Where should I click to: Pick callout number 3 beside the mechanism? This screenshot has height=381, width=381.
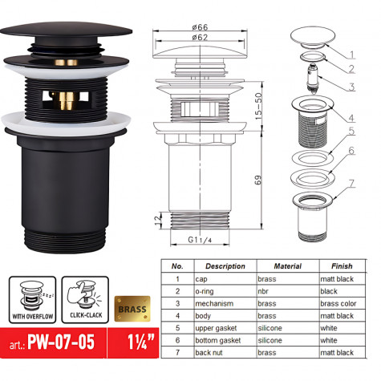point(351,87)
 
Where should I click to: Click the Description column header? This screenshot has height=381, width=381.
point(225,265)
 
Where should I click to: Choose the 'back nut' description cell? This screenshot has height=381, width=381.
point(218,352)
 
